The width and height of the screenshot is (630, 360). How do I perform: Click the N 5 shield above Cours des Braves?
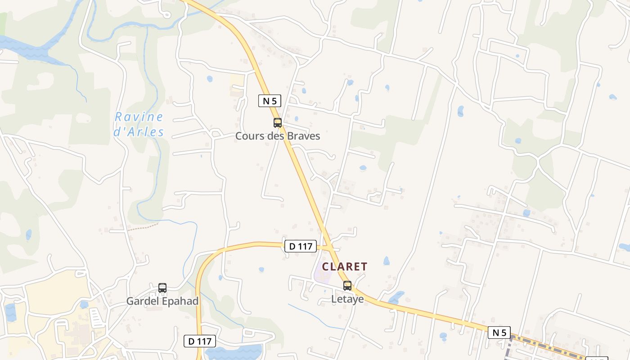pos(270,101)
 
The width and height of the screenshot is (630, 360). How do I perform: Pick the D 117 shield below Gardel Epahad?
pos(200,341)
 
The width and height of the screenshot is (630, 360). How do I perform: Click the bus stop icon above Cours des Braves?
pos(278,122)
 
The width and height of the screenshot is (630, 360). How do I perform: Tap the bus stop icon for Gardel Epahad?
pos(162,288)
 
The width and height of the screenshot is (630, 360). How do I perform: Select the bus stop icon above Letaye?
pos(347,285)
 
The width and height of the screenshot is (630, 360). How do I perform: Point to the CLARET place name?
pos(345,266)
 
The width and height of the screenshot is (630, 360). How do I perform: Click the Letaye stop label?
pos(347,299)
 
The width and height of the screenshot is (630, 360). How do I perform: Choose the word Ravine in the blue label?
pos(139,117)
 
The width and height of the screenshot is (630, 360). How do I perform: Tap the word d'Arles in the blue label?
pos(139,132)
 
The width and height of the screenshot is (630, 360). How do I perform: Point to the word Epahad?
pos(184,301)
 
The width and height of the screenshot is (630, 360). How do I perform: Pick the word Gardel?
pos(141,301)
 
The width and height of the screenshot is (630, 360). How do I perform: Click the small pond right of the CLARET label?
pos(386,261)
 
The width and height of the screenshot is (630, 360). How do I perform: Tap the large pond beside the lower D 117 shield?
pos(234,351)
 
